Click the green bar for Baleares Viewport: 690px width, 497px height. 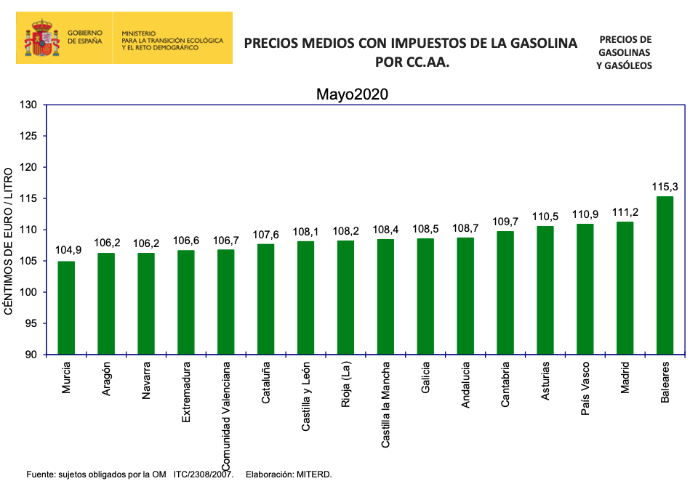click(665, 275)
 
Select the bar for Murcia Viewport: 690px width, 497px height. click(66, 308)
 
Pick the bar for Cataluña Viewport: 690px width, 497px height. click(266, 299)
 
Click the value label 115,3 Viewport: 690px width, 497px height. click(665, 187)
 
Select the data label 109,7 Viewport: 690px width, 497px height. click(505, 222)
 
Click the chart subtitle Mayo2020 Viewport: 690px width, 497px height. click(352, 94)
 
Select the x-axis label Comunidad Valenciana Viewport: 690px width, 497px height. click(226, 415)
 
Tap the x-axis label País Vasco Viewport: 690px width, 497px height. click(585, 389)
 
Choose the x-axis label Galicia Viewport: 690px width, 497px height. click(425, 379)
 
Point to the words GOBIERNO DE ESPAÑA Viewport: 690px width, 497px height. click(85, 38)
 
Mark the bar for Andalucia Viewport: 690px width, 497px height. click(465, 296)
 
